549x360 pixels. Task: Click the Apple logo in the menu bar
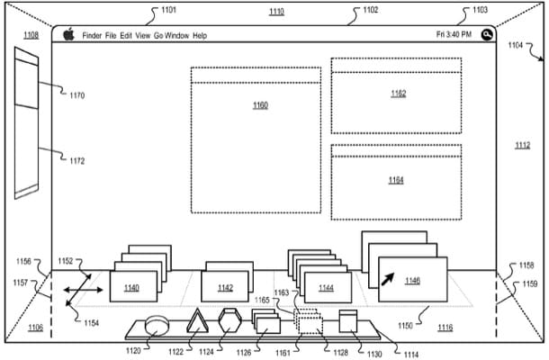point(68,34)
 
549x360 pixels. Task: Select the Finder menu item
point(92,35)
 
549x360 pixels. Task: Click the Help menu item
point(200,35)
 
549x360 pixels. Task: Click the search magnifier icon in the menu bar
point(487,34)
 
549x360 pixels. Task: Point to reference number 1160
point(260,105)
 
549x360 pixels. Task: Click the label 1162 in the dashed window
point(397,93)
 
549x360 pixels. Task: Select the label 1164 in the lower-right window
point(396,180)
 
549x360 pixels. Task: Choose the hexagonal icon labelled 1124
point(229,320)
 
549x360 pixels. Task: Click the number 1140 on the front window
point(131,288)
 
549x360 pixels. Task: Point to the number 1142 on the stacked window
point(224,288)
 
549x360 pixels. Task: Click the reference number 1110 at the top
point(275,13)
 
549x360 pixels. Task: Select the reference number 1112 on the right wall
point(522,146)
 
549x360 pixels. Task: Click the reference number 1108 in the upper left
point(31,35)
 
